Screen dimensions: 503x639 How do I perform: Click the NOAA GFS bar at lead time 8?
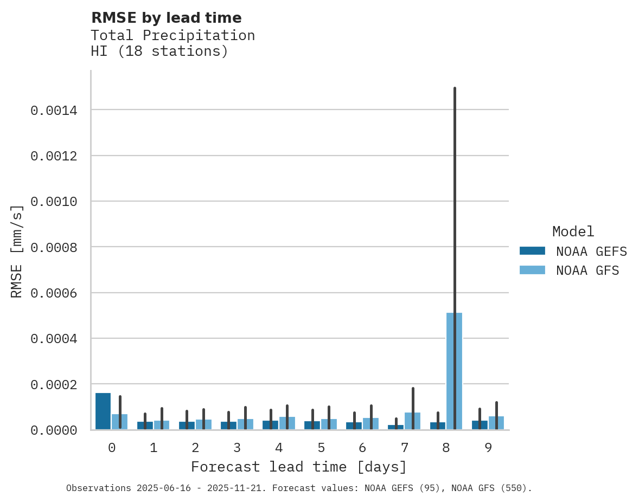[x=454, y=371]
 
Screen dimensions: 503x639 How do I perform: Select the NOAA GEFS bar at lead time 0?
[x=103, y=411]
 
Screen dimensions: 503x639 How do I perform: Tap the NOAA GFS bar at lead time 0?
[x=120, y=422]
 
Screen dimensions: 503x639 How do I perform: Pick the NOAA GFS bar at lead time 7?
[x=412, y=421]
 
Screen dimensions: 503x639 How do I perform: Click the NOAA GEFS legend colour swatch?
[x=532, y=251]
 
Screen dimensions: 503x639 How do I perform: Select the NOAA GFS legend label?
[x=587, y=270]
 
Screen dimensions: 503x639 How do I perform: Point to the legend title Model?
[x=573, y=231]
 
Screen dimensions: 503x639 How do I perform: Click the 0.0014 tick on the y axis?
[x=54, y=111]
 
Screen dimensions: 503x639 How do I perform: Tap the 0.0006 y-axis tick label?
[x=54, y=293]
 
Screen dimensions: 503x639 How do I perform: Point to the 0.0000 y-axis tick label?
[x=54, y=430]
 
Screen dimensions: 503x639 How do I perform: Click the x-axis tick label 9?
[x=488, y=448]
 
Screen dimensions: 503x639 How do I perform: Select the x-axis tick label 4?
[x=279, y=448]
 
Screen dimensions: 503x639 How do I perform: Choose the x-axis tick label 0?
[x=112, y=448]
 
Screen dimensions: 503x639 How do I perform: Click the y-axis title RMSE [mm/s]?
[x=17, y=251]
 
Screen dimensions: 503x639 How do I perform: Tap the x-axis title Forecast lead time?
[x=299, y=467]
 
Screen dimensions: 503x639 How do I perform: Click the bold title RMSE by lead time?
[x=166, y=18]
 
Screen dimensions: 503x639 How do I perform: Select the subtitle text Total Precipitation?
[x=172, y=35]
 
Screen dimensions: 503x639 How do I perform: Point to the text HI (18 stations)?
[x=159, y=51]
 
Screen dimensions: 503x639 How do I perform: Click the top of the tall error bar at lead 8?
[x=455, y=88]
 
